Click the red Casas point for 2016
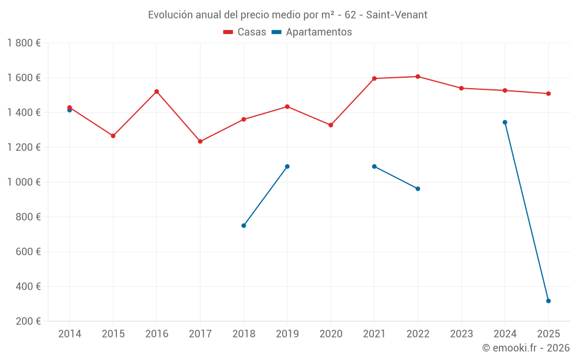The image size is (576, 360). (157, 92)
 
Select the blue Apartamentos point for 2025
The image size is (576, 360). (548, 301)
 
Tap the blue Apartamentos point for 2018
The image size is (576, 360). (244, 225)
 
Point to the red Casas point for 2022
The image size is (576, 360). (418, 77)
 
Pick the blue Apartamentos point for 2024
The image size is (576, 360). (505, 122)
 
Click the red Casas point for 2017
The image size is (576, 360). (200, 141)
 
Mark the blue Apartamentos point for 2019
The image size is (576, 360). (287, 166)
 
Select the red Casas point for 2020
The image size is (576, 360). (331, 125)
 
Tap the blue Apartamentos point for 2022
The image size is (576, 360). (418, 188)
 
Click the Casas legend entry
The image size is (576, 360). (245, 32)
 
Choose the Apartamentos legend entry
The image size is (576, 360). (312, 32)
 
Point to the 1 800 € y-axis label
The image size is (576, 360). (24, 43)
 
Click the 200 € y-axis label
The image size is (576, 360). (29, 321)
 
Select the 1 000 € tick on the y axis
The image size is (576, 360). (24, 182)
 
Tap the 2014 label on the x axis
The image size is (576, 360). (70, 334)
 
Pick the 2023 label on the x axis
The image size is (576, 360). (461, 334)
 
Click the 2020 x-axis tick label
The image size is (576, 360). (331, 334)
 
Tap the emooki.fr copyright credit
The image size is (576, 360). (526, 348)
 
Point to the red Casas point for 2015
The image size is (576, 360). (113, 136)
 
